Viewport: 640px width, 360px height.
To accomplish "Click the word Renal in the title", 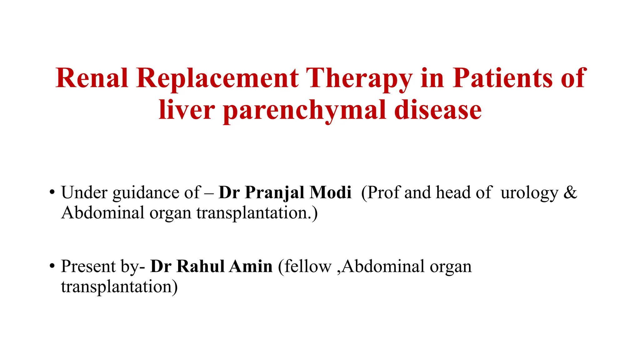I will click(92, 78).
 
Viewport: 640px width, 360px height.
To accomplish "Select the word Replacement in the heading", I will click(217, 78).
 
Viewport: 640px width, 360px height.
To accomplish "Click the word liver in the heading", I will click(187, 110).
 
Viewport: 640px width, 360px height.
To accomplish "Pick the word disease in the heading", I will click(438, 110).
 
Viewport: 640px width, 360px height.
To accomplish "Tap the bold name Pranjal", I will click(274, 193).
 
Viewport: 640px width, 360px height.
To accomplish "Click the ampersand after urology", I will click(570, 192).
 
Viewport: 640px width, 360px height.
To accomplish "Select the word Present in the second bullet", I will click(88, 266).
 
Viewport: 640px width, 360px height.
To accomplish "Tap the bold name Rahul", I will click(200, 266).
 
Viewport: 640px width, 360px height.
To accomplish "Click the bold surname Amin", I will click(251, 266).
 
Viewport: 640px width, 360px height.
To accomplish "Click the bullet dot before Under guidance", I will click(52, 192).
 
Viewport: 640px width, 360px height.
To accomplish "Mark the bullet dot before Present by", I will click(52, 266).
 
